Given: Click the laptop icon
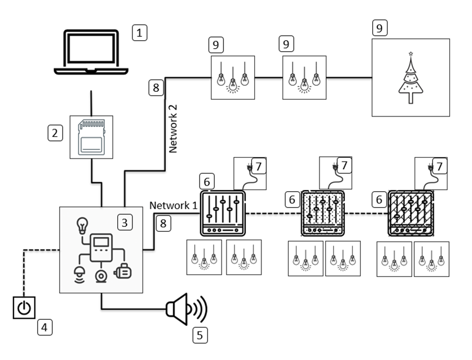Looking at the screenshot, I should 92,53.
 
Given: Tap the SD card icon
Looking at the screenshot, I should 92,137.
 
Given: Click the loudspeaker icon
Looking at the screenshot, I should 186,309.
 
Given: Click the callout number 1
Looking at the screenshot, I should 140,34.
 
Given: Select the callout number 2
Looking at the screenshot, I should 56,133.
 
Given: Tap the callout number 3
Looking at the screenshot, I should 125,222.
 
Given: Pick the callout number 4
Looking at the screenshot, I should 45,328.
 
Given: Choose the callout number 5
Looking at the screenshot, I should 200,335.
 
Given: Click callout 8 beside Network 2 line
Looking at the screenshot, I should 155,88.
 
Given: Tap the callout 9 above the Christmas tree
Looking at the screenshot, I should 380,28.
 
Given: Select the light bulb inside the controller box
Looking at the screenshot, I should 81,225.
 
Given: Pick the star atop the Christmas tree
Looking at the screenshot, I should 410,53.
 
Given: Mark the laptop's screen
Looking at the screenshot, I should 92,49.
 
